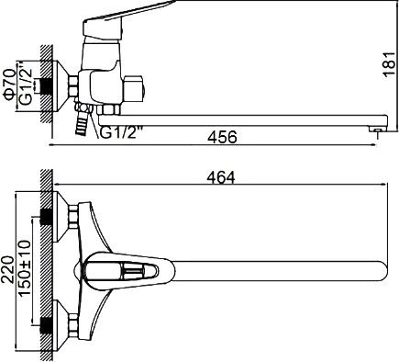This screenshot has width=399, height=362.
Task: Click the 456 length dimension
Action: [x=222, y=137]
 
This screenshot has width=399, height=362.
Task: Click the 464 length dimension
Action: [x=221, y=177]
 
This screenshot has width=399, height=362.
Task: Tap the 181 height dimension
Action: [x=389, y=64]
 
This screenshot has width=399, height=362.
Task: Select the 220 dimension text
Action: [x=8, y=270]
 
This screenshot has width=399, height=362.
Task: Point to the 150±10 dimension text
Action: [x=25, y=268]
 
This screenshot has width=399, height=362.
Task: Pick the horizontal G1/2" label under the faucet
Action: [x=122, y=133]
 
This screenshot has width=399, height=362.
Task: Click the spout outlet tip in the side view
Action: [x=378, y=130]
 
